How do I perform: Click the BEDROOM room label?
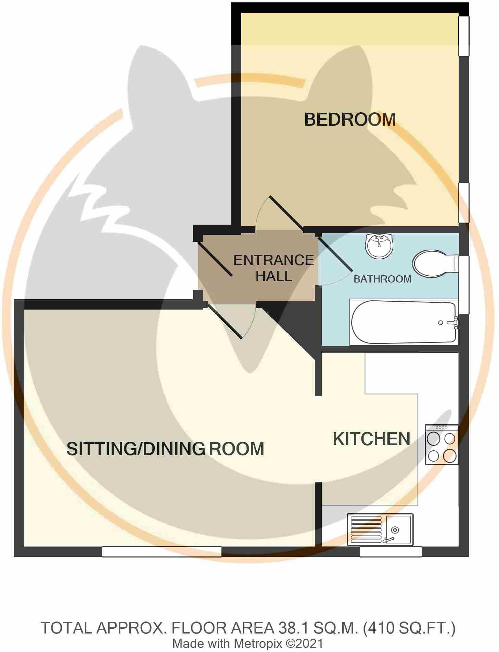pos(350,120)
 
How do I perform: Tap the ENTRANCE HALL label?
pos(273,268)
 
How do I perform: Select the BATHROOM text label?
pos(382,279)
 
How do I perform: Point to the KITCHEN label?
pos(371,439)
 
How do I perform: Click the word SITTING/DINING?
pos(136,449)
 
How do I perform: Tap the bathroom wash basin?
pos(379,246)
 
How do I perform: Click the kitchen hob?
pos(441,444)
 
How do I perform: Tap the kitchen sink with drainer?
pos(380,529)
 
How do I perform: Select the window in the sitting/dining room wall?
pos(162,552)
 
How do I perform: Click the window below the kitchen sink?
pos(391,552)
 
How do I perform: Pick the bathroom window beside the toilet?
pos(464,285)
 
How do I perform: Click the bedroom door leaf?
pos(286,213)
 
